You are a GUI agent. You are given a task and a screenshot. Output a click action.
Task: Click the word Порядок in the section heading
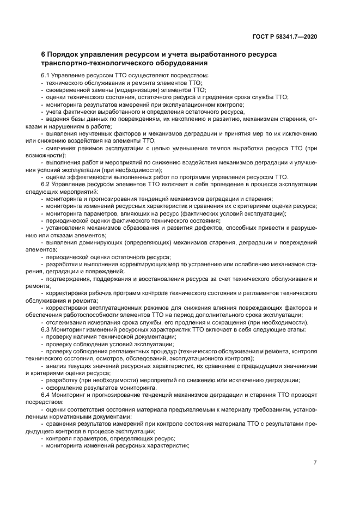[68, 55]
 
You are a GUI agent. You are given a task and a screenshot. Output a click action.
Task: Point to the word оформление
[65, 387]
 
